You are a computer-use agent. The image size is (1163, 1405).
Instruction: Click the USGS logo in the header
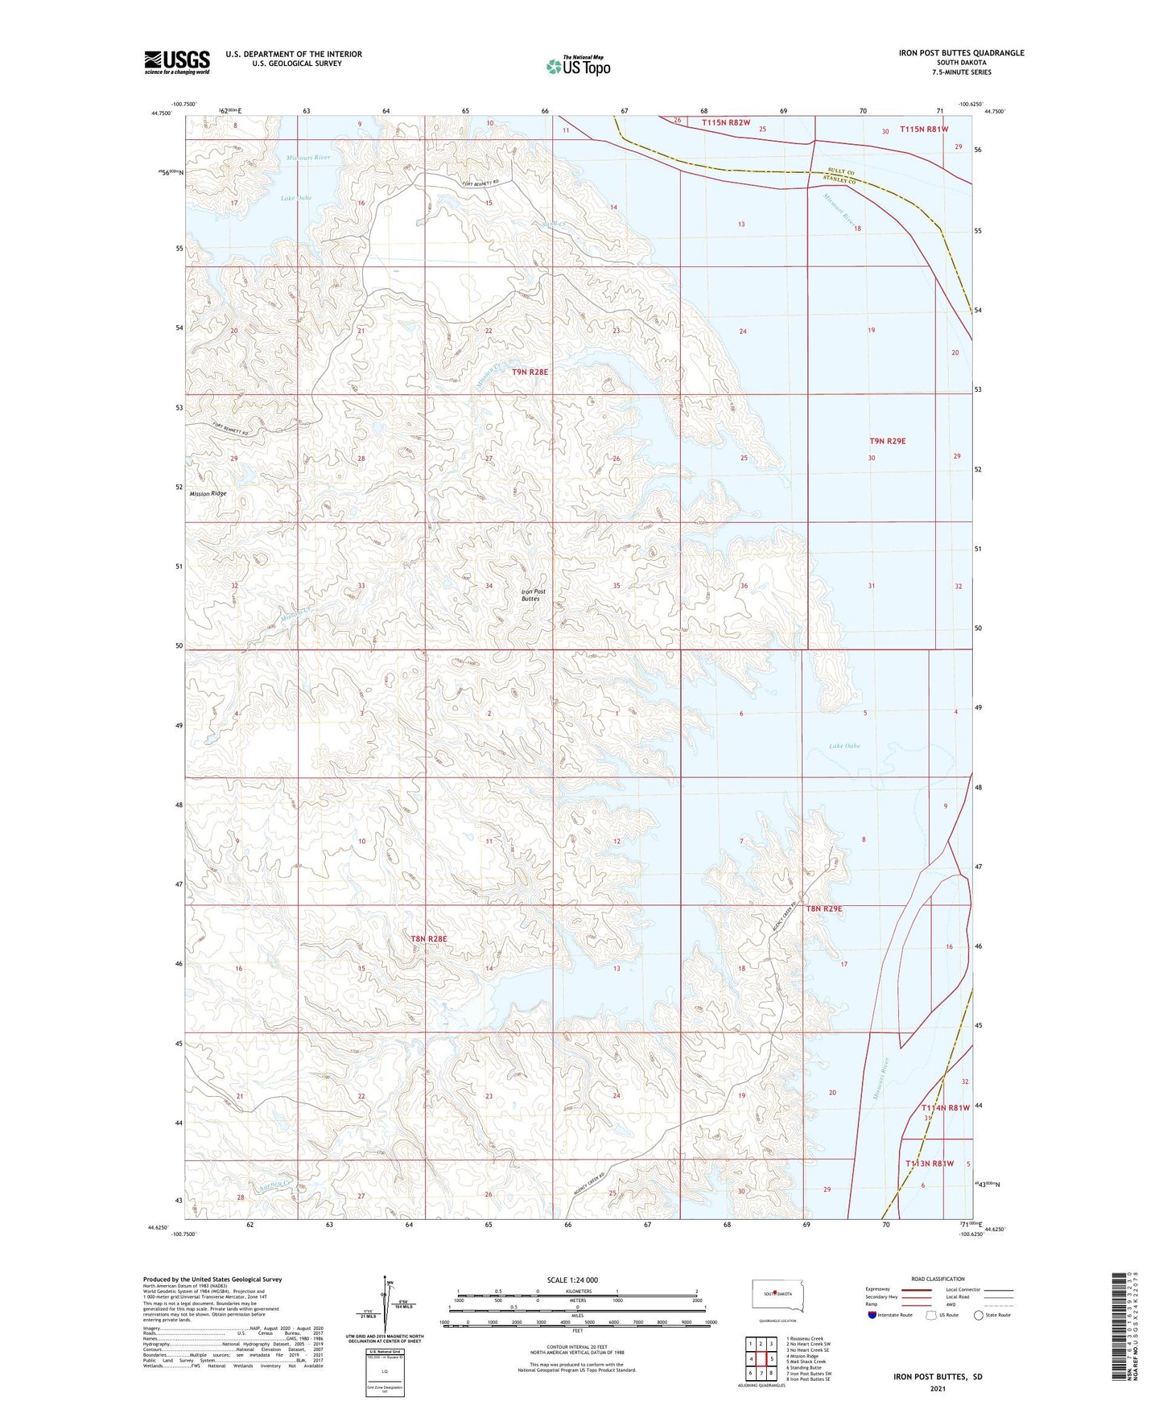click(177, 61)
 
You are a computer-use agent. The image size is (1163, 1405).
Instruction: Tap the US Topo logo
click(578, 66)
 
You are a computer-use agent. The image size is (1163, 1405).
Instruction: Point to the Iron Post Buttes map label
click(531, 595)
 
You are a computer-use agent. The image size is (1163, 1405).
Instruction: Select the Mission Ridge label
click(208, 493)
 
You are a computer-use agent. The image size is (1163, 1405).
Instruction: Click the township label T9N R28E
click(530, 372)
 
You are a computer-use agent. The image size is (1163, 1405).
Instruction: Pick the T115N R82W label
click(725, 122)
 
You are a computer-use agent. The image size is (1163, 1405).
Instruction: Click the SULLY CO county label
click(841, 173)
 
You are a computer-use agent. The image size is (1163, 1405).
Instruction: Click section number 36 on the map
click(744, 586)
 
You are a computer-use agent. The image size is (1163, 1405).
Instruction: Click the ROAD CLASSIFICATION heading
click(938, 1279)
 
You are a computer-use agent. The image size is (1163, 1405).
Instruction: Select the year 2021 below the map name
click(937, 1388)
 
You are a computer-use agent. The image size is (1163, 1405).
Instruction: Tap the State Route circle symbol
click(978, 1315)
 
